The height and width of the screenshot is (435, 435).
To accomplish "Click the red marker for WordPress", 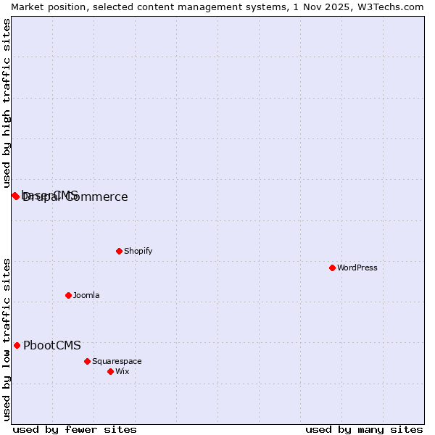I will [332, 268].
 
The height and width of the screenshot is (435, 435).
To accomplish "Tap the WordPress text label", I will [357, 268].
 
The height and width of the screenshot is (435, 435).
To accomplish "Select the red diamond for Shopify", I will [119, 251].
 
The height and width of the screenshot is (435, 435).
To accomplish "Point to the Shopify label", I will [138, 251].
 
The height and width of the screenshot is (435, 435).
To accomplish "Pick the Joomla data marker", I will [68, 295].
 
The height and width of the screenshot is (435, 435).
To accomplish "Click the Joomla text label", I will [86, 295].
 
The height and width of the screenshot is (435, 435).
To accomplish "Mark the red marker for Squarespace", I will [87, 361].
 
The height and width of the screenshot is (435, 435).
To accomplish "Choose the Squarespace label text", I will [117, 361].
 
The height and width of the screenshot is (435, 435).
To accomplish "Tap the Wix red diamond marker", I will [110, 371].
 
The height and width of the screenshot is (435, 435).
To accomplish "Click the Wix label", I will [122, 371].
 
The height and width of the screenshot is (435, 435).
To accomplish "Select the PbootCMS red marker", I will [17, 345].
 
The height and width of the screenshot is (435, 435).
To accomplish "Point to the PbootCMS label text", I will [52, 345].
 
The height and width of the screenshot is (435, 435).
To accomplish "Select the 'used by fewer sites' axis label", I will [75, 429].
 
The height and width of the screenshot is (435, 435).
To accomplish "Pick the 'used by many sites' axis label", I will [364, 429].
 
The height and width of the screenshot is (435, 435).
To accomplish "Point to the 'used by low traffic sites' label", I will [7, 339].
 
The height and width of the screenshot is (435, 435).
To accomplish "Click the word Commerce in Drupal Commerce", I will [97, 197].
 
